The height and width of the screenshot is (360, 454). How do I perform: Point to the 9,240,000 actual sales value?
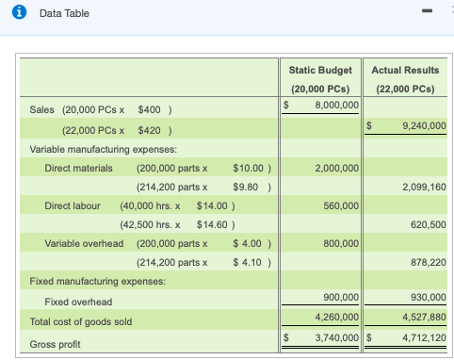[422, 125]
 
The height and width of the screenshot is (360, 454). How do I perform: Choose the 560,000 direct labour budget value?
[341, 205]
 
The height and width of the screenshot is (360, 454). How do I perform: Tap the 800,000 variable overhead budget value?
[341, 243]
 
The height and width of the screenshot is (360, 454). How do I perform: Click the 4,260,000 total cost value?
[336, 318]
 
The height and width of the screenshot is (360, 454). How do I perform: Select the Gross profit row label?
[56, 344]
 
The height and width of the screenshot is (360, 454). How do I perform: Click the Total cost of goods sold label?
[81, 322]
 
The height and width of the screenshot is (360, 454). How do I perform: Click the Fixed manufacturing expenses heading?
[98, 281]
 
